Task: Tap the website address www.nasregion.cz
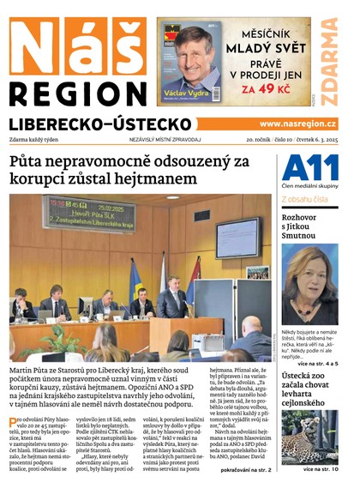pyautogui.click(x=297, y=124)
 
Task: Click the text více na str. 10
pyautogui.click(x=321, y=469)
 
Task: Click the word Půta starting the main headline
pyautogui.click(x=29, y=161)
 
